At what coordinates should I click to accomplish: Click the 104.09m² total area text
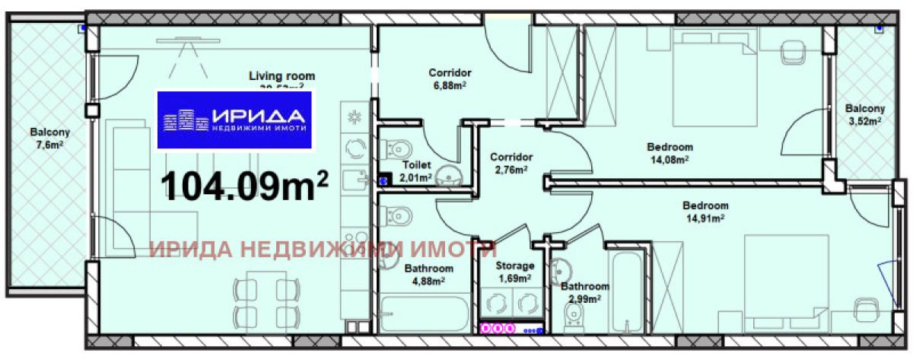point(246,186)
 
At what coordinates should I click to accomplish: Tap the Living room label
point(282,76)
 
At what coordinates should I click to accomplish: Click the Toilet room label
point(415,164)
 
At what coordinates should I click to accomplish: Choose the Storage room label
point(514,266)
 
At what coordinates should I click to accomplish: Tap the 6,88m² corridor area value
point(450,85)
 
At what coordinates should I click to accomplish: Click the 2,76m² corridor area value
point(510,169)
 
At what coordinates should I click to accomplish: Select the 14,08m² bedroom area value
point(670,159)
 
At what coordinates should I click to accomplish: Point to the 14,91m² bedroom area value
point(705,217)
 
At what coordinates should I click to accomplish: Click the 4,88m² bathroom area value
point(428,280)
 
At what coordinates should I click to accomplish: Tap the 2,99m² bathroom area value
point(584,298)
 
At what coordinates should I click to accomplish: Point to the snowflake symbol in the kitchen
point(354,116)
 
